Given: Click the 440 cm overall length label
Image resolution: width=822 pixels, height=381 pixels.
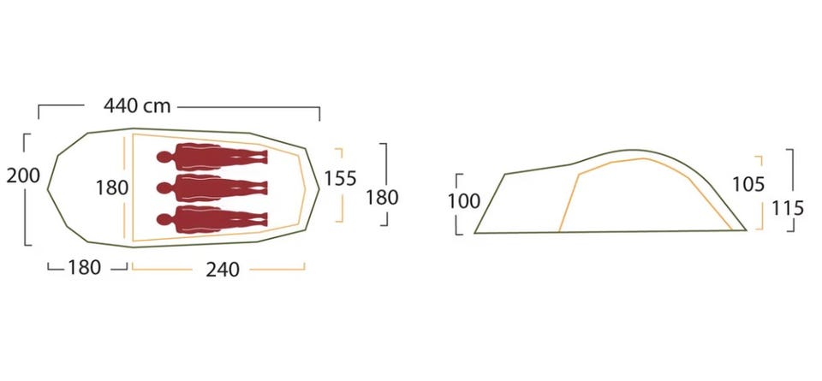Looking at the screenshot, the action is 137,106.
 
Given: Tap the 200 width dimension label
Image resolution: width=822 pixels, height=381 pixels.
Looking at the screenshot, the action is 23,176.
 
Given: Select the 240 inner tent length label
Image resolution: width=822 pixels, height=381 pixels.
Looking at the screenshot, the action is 223,270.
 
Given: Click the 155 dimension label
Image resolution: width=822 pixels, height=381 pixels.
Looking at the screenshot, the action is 340,179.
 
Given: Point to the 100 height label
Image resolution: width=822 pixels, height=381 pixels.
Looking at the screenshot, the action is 464,200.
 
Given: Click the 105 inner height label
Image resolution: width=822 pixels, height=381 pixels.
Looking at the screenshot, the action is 748,184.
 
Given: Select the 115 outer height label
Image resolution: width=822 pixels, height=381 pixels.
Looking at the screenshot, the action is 788,209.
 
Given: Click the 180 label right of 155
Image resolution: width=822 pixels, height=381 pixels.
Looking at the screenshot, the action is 382,198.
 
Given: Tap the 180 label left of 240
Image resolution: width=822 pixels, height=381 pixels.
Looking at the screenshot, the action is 85,268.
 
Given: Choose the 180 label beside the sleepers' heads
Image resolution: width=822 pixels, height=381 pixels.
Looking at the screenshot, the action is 112,188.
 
